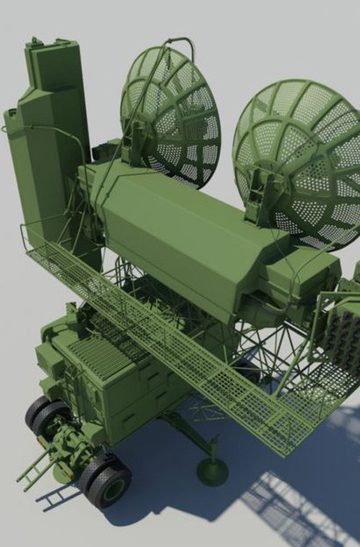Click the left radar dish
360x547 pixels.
tap(173, 115)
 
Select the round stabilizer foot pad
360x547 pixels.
tap(212, 471)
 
